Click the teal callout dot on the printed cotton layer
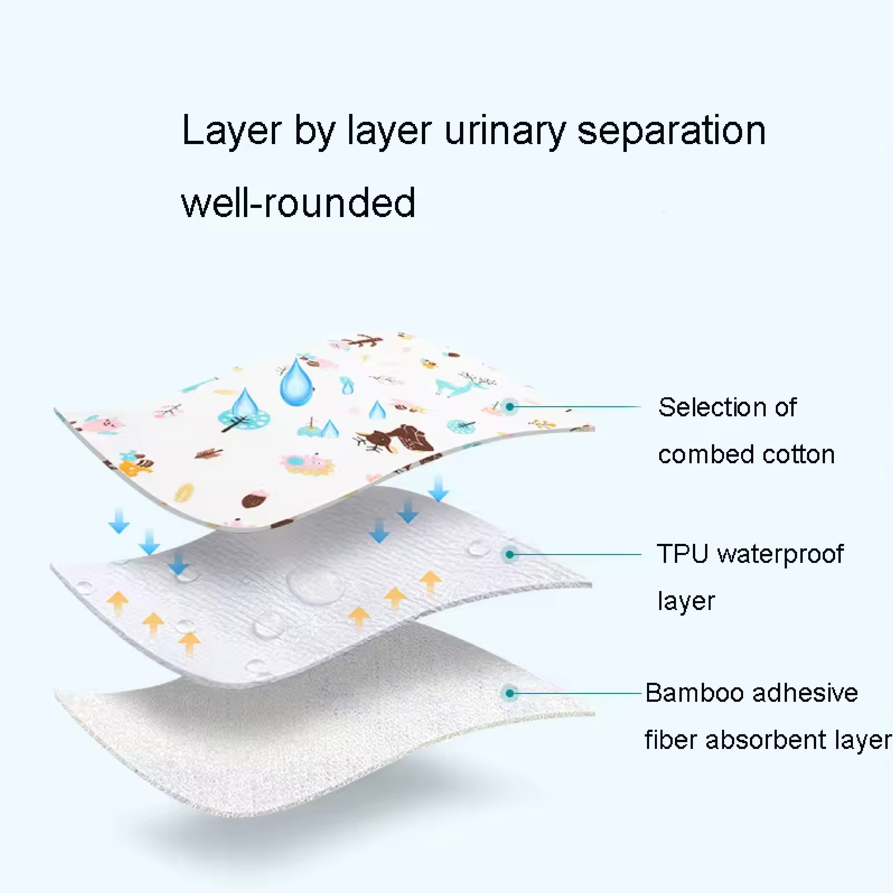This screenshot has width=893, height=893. (x=510, y=407)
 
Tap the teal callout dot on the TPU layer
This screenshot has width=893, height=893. (x=510, y=554)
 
